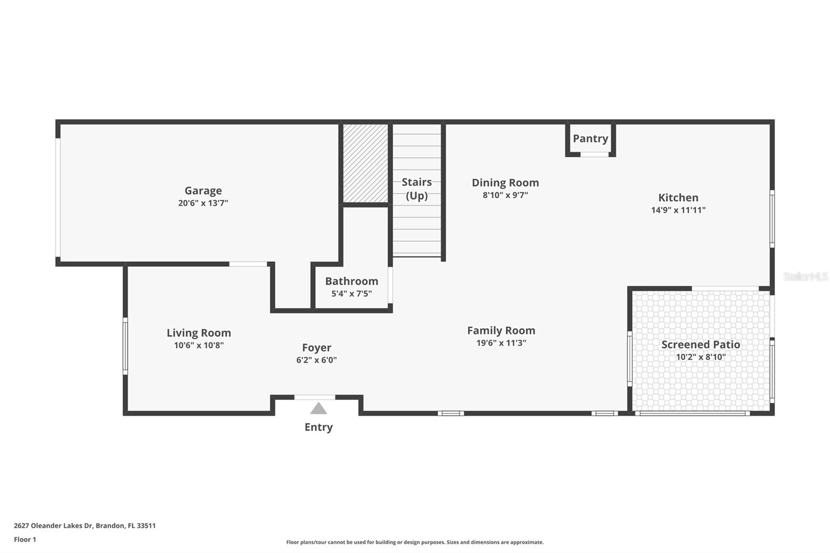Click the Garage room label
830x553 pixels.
203,190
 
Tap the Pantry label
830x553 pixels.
590,139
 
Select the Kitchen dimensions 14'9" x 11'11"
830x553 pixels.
678,210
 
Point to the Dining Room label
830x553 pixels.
505,183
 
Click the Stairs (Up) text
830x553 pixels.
417,189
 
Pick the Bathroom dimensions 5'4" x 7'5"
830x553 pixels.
351,294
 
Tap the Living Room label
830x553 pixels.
199,333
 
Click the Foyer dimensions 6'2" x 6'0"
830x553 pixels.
316,360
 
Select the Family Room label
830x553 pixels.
501,330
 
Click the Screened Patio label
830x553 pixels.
701,344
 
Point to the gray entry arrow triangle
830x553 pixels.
319,408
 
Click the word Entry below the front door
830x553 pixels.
319,427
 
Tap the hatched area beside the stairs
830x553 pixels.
365,163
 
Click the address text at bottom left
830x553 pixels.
85,526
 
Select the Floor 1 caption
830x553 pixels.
25,540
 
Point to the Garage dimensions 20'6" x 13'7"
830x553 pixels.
203,203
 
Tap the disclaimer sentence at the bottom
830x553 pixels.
414,542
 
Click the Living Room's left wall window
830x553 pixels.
125,346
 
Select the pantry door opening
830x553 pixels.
594,154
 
